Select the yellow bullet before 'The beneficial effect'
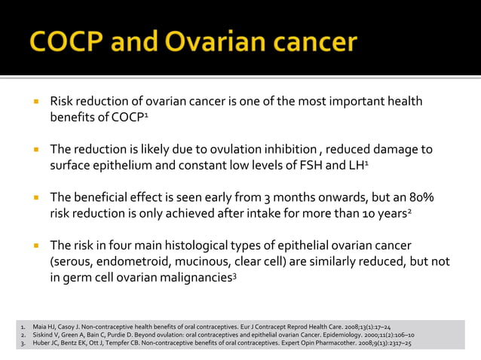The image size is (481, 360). [35, 198]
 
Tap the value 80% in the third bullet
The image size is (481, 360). [418, 197]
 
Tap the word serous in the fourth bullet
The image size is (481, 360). [75, 262]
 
